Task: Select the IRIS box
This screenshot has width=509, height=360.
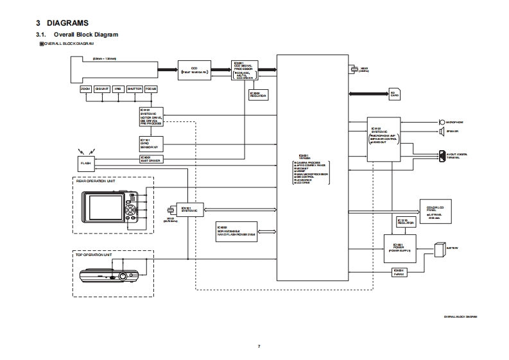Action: click(117, 89)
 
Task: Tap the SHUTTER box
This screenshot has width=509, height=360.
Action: click(134, 89)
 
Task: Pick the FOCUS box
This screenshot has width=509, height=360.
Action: click(151, 89)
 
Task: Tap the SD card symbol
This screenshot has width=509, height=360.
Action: click(395, 94)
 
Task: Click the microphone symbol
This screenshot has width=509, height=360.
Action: click(441, 121)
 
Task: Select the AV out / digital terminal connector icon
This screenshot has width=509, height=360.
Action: click(442, 155)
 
